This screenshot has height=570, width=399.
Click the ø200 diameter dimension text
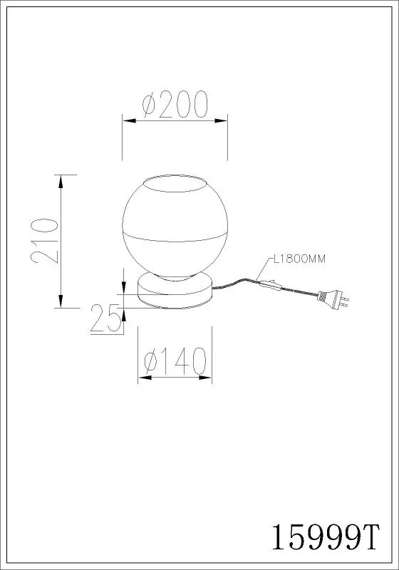175,104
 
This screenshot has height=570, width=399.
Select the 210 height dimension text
45,241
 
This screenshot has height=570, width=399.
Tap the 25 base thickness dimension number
105,318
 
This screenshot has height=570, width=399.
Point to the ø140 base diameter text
175,361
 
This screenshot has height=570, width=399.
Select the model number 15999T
326,537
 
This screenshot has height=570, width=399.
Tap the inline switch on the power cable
270,285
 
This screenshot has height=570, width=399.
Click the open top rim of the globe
175,183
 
